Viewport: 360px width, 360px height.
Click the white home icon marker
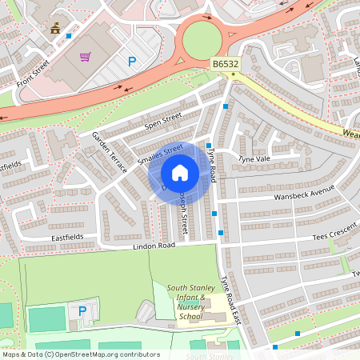pyautogui.click(x=180, y=172)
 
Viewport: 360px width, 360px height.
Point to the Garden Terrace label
pyautogui.click(x=110, y=152)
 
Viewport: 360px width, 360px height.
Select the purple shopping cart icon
pyautogui.click(x=85, y=57)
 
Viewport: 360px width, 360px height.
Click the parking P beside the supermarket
pyautogui.click(x=132, y=61)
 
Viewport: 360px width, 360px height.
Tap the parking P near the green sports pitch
pyautogui.click(x=82, y=310)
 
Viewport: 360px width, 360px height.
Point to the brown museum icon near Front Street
pyautogui.click(x=55, y=29)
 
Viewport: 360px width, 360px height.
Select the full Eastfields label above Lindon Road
pyautogui.click(x=67, y=238)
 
